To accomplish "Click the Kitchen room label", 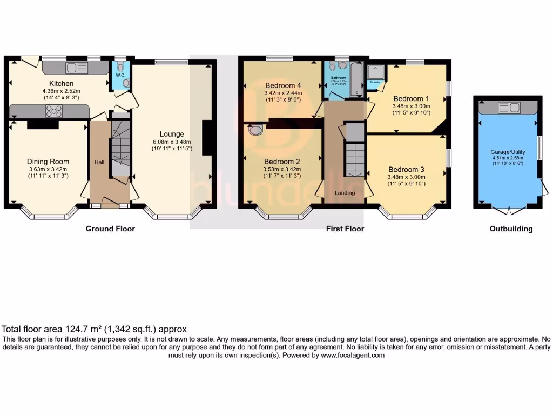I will point(61,84).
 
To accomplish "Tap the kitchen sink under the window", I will point(76,68).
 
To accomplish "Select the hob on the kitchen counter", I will point(55,111).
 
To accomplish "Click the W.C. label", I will point(120,75).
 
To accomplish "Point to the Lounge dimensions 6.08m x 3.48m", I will point(171,142).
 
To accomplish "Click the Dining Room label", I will point(48,161).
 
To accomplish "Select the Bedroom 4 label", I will point(283,85).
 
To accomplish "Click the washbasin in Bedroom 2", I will point(256,129).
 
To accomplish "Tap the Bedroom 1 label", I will point(411,98).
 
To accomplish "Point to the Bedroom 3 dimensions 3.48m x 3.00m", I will point(407,177).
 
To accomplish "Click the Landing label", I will point(345,193).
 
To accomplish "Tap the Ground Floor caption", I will point(110,229).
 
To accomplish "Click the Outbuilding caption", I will point(511,229).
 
